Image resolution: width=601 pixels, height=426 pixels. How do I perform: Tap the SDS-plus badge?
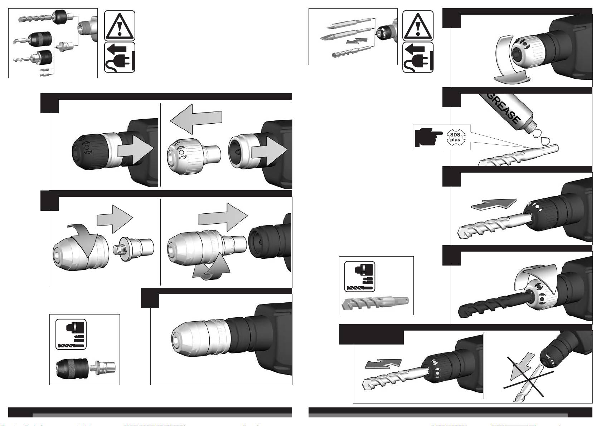(x=455, y=137)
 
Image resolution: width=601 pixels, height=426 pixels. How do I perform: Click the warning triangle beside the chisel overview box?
(x=418, y=26)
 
